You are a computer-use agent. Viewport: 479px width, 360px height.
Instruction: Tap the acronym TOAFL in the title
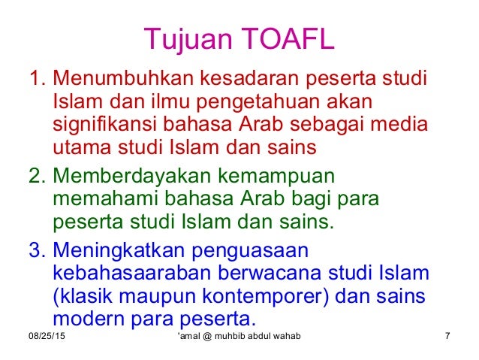click(x=288, y=37)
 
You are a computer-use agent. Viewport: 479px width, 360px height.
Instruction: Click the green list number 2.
click(x=35, y=175)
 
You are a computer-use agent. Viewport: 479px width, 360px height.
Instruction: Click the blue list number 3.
click(x=35, y=250)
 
